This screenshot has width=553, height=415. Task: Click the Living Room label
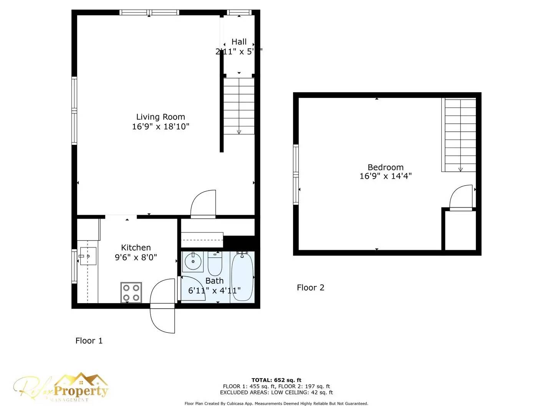(x=161, y=117)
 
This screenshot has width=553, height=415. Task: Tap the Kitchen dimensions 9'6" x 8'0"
(x=136, y=257)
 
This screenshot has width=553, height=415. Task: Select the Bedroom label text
(x=386, y=167)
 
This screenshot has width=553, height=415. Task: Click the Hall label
(x=239, y=42)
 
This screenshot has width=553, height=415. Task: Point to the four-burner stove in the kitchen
(x=131, y=292)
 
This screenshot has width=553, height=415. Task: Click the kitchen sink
(x=88, y=256)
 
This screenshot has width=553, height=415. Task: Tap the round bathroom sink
(x=192, y=262)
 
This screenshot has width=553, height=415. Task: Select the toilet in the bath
(x=215, y=263)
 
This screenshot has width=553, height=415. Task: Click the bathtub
(x=242, y=276)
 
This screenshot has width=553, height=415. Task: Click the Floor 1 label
(x=89, y=341)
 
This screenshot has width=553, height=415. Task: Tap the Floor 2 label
(x=310, y=288)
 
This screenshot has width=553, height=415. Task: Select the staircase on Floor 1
(x=239, y=106)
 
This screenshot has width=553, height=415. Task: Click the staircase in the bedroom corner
(x=460, y=135)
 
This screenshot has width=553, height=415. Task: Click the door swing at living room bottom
(x=204, y=204)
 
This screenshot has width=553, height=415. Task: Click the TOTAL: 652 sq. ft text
(x=276, y=380)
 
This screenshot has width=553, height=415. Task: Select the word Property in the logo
(x=81, y=391)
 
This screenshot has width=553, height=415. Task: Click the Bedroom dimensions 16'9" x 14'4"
(x=386, y=176)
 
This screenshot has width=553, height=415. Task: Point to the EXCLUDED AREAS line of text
(x=276, y=392)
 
